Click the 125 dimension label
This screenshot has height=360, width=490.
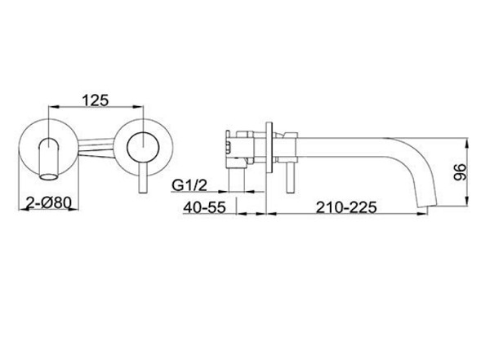96,100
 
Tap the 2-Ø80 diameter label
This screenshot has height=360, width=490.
48,203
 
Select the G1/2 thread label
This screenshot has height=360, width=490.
189,185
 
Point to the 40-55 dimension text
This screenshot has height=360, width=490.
204,207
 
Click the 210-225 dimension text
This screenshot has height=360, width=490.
346,207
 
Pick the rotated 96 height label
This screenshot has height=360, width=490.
460,171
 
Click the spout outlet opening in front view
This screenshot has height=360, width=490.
49,177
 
